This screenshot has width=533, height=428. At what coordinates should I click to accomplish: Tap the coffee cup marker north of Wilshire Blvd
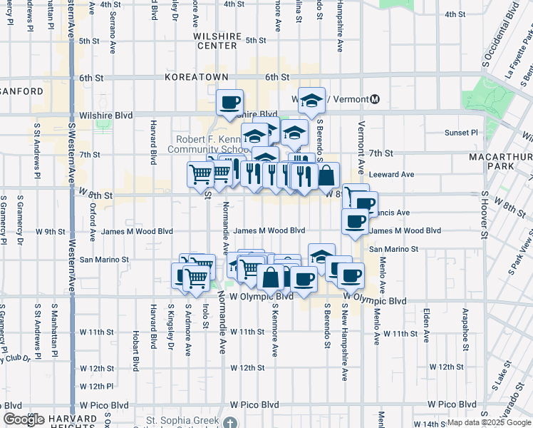pyautogui.click(x=229, y=103)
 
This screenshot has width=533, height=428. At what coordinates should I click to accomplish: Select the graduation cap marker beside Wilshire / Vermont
pyautogui.click(x=311, y=101)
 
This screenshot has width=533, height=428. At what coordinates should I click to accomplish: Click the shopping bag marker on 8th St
pyautogui.click(x=326, y=175)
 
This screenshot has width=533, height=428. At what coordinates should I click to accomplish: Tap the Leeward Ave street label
pyautogui.click(x=398, y=174)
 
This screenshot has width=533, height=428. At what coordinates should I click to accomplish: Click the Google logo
pyautogui.click(x=24, y=419)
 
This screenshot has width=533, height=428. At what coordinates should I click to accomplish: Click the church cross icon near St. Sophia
pyautogui.click(x=229, y=422)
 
